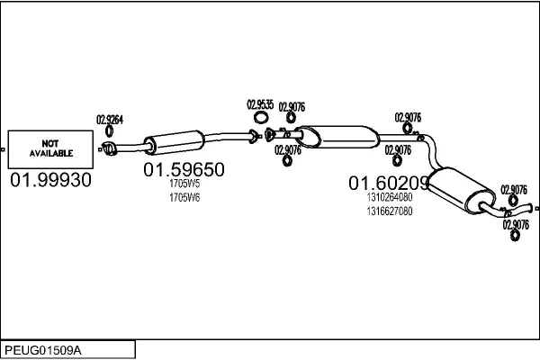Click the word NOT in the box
tap(49, 143)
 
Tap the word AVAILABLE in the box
tap(49, 154)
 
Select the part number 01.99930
tap(50, 180)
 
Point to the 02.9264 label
tap(110, 119)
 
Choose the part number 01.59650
tap(184, 169)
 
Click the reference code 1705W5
tap(184, 184)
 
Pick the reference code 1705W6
tap(184, 197)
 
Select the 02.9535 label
tap(261, 104)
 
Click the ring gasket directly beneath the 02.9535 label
tap(262, 118)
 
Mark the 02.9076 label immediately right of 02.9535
tap(292, 107)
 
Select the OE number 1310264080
tap(390, 198)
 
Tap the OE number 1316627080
tap(390, 211)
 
